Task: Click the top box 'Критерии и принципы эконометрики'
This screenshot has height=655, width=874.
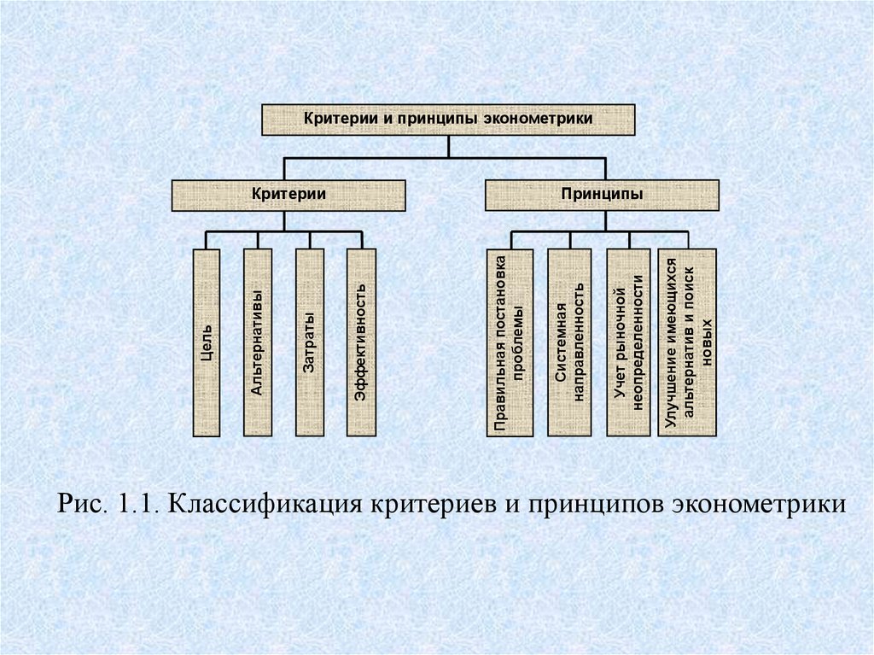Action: coord(447,120)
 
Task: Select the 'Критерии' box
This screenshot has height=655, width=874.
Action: coord(288,195)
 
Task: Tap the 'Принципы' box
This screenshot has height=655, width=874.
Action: coord(603,195)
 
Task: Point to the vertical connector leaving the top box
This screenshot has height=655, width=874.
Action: coord(447,146)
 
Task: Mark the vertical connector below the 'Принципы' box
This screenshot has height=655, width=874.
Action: coord(605,220)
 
